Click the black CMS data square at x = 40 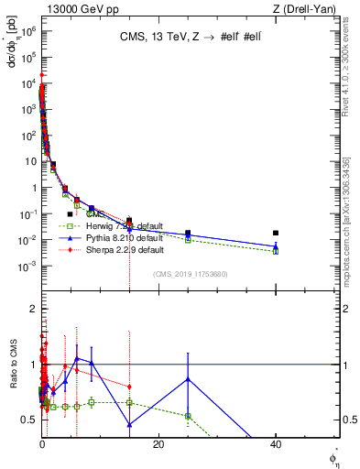(x=276, y=233)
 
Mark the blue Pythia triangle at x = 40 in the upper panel (x=276, y=245)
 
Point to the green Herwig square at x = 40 (x=276, y=250)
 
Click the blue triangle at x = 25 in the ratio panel (x=188, y=379)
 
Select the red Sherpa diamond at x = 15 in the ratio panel (x=130, y=387)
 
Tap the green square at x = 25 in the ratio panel (x=188, y=416)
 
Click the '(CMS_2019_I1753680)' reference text (x=191, y=275)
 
